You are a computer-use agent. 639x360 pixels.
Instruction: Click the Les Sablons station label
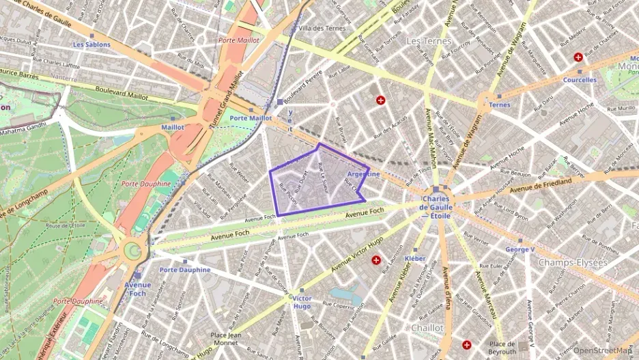91,44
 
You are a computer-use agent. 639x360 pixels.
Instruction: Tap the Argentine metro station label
363,175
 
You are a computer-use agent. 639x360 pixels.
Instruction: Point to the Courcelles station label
580,80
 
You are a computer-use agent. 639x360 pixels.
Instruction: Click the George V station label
520,250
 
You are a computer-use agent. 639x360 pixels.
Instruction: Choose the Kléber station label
415,259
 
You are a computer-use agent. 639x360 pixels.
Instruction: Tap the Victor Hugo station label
302,303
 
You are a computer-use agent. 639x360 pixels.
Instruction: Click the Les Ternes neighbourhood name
429,41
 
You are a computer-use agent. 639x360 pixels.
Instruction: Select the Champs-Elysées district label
572,262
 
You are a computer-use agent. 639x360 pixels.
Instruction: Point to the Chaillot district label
427,328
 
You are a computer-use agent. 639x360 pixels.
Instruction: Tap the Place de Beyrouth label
501,346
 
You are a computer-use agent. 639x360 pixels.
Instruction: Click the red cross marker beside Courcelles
578,57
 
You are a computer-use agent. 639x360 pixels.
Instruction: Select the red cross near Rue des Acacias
381,100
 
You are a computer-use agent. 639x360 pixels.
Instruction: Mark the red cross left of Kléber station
375,260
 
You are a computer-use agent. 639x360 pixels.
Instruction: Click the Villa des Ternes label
322,28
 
